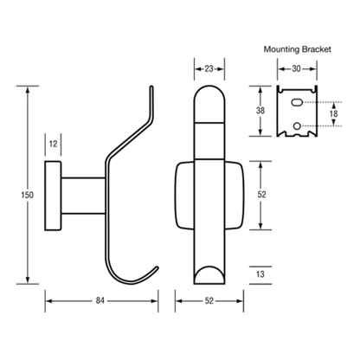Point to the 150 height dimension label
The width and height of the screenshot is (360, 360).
[x=27, y=195]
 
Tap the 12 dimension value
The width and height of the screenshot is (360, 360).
[x=53, y=144]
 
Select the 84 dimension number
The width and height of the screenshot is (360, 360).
[x=100, y=300]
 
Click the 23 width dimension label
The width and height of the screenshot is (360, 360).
[x=209, y=68]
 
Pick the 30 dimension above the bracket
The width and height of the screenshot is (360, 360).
[x=296, y=68]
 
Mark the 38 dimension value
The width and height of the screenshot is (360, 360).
[x=260, y=111]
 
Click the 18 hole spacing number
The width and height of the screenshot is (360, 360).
[x=333, y=113]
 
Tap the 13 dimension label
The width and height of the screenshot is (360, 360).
[x=260, y=274]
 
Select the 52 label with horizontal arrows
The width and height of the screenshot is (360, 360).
[x=209, y=300]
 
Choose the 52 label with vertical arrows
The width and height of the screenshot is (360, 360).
[x=261, y=195]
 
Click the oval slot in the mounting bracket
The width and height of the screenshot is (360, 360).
[x=297, y=102]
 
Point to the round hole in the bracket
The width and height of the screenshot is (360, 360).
[x=297, y=125]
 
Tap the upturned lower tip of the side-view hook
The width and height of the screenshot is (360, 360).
[x=157, y=267]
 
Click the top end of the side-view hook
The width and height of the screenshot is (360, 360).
[x=151, y=87]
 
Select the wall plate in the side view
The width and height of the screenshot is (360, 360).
[x=53, y=196]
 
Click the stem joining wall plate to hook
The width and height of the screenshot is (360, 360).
[x=83, y=196]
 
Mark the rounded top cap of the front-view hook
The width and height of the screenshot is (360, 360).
[x=209, y=104]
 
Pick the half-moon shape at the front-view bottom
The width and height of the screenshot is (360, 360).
[x=209, y=275]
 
